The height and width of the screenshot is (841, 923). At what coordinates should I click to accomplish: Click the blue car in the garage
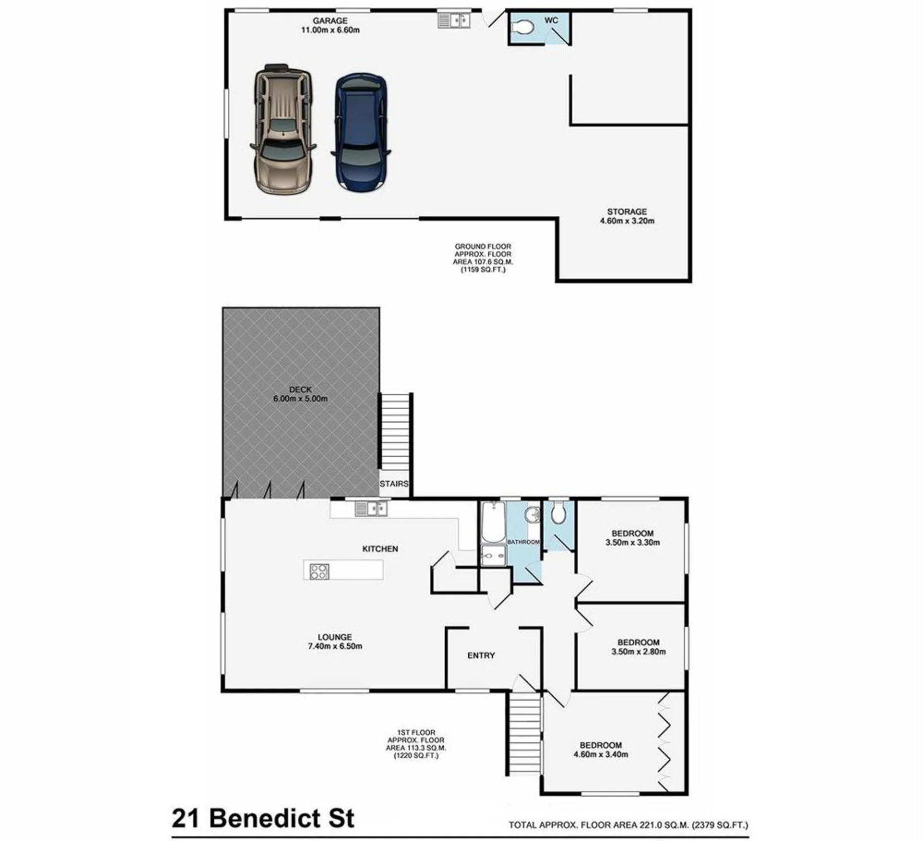360,133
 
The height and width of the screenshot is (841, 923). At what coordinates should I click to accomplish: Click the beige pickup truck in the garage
283,129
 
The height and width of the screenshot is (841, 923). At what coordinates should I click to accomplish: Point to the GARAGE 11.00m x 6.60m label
330,25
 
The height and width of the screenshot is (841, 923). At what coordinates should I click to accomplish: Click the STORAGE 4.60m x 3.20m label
627,216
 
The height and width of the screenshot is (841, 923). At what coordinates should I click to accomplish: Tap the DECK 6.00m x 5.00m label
300,394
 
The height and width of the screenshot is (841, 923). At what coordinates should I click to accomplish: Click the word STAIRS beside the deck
394,484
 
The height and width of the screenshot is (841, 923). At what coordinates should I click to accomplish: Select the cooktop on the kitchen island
319,571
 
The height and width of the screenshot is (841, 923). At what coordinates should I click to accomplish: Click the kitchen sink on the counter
371,508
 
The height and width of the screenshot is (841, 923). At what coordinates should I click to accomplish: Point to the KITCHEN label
380,549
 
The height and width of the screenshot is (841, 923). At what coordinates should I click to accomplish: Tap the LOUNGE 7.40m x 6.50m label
335,641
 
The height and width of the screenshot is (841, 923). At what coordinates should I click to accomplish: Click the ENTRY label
481,655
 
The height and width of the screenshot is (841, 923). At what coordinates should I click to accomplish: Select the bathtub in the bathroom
493,522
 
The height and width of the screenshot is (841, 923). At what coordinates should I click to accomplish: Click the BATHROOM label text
524,542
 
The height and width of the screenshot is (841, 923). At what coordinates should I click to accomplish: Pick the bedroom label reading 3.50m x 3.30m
633,538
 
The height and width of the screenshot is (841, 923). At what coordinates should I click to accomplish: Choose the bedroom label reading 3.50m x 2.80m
638,647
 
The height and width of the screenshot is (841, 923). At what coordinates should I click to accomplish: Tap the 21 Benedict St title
263,818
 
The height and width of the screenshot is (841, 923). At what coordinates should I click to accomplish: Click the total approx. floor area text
629,825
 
